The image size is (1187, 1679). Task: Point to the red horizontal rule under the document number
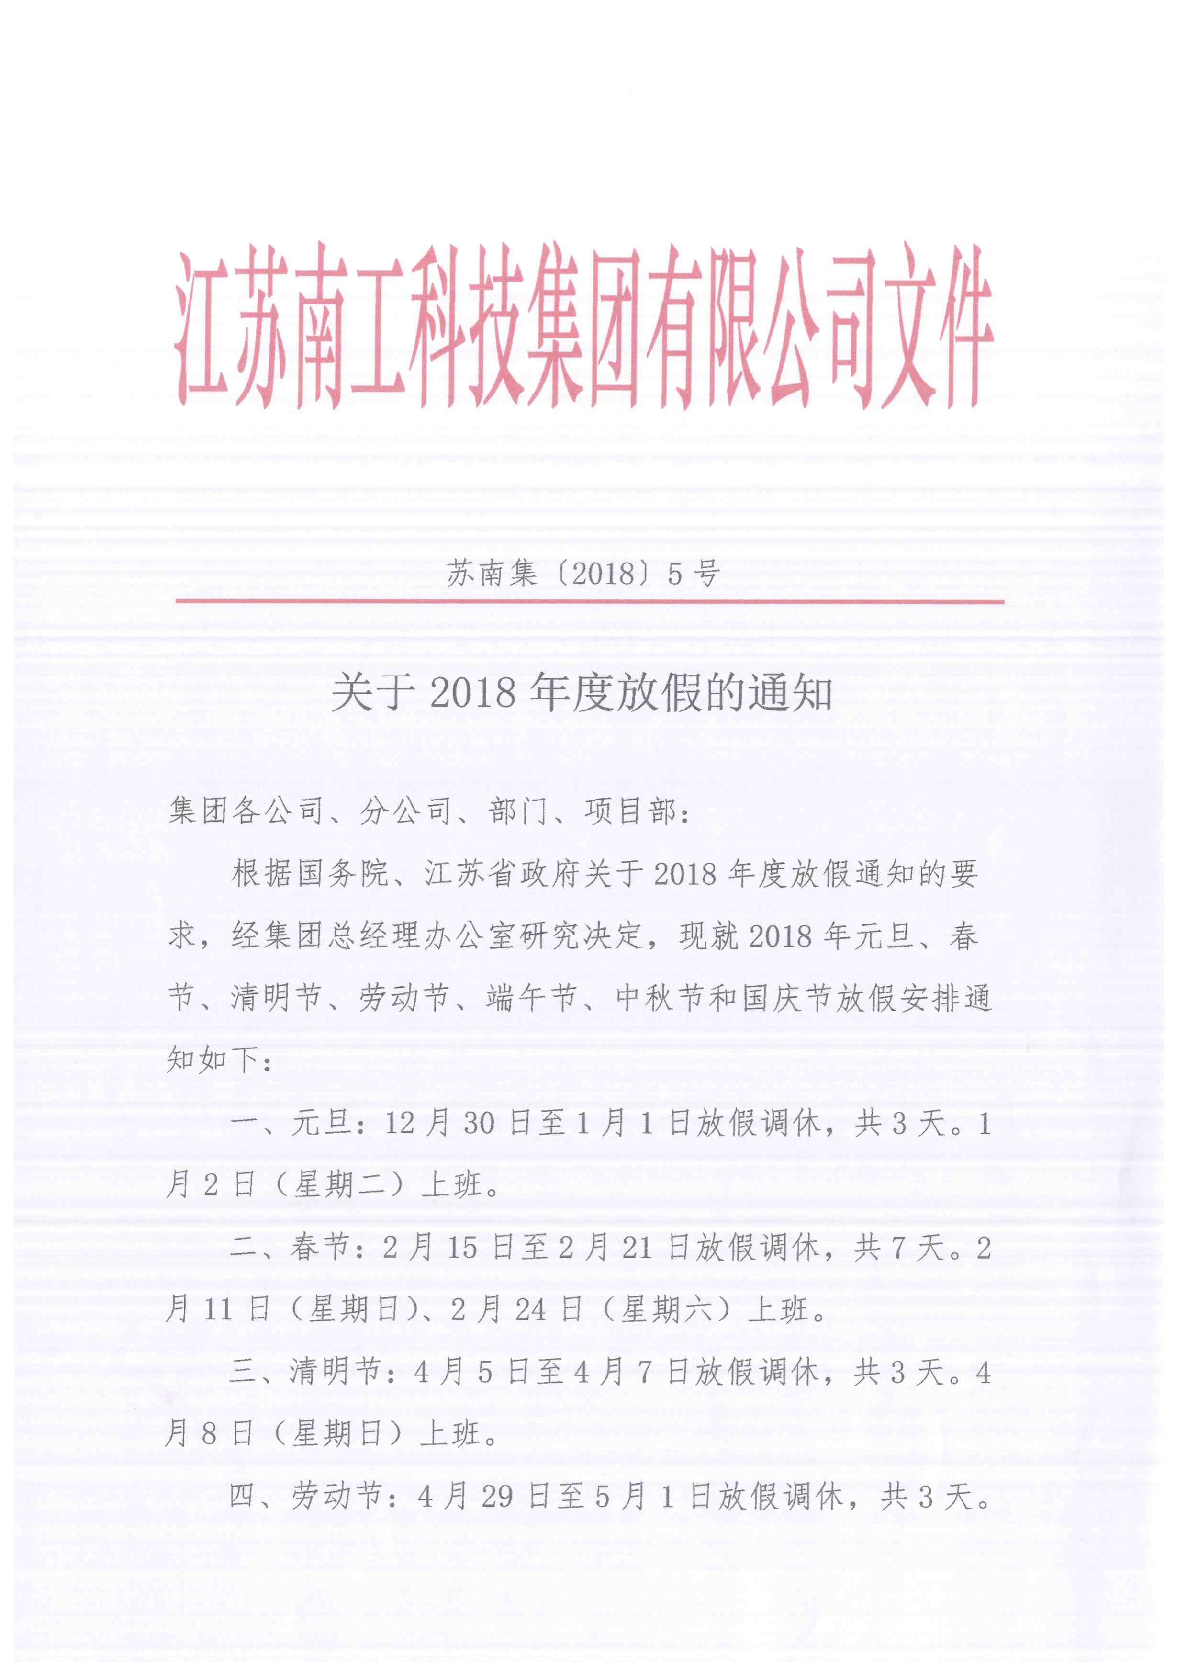[x=589, y=602]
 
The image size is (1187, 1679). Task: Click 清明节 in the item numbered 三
[x=335, y=1372]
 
